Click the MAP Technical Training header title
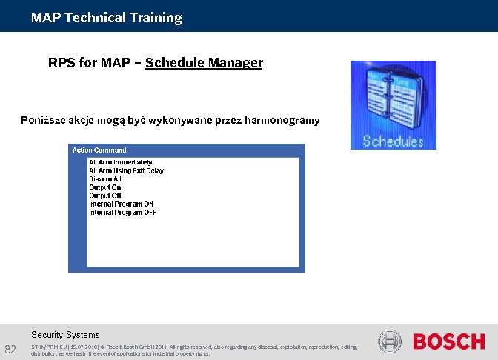106,18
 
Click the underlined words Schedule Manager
204,63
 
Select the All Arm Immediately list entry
120,162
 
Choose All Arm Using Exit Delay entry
126,170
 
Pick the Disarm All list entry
104,179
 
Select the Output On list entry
104,187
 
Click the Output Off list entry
104,196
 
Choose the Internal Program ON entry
122,204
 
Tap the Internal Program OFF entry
122,213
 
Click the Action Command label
99,150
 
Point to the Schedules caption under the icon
393,141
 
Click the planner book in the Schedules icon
393,99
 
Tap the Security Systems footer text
65,335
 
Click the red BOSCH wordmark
448,341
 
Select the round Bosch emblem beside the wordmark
389,341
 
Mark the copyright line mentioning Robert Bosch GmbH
193,347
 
